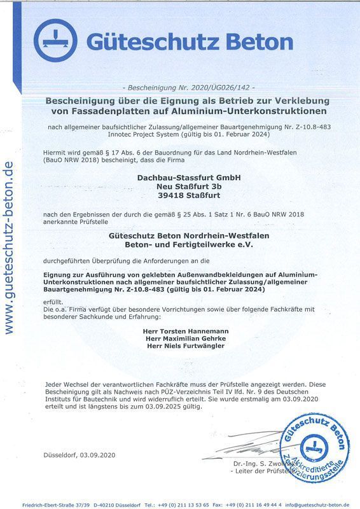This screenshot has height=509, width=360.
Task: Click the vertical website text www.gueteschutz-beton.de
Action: click(8, 248)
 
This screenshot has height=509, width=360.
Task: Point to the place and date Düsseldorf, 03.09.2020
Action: click(80, 455)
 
